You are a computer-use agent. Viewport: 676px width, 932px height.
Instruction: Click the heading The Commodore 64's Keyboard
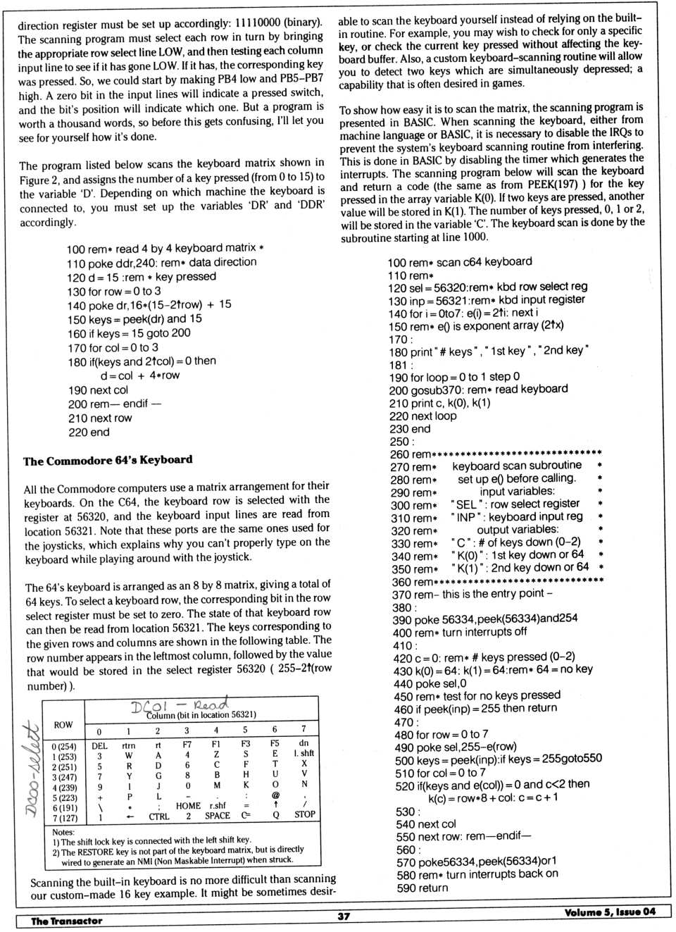[108, 461]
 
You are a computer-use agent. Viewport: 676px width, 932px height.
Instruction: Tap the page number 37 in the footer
[344, 916]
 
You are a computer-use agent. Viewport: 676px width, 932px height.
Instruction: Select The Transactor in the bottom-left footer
[66, 920]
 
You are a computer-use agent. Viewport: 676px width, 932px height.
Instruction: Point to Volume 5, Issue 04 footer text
[609, 912]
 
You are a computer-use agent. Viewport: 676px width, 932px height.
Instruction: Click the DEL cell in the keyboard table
[99, 745]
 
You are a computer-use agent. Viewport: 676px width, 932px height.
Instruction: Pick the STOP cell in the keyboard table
[304, 814]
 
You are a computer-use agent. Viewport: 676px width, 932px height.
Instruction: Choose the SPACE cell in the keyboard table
[218, 815]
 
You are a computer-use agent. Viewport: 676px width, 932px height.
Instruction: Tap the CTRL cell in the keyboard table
[159, 816]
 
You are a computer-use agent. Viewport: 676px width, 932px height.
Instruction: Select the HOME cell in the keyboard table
[188, 805]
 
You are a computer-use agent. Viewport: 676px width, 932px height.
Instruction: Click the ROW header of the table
[63, 724]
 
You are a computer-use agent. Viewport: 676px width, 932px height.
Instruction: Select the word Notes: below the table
[63, 832]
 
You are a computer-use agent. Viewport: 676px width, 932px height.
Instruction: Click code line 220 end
[89, 432]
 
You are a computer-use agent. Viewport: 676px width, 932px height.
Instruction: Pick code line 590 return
[422, 888]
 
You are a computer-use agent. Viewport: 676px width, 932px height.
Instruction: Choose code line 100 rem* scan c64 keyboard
[460, 262]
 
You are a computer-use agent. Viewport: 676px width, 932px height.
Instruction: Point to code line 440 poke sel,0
[430, 683]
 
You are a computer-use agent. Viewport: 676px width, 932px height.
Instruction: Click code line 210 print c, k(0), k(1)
[439, 403]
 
